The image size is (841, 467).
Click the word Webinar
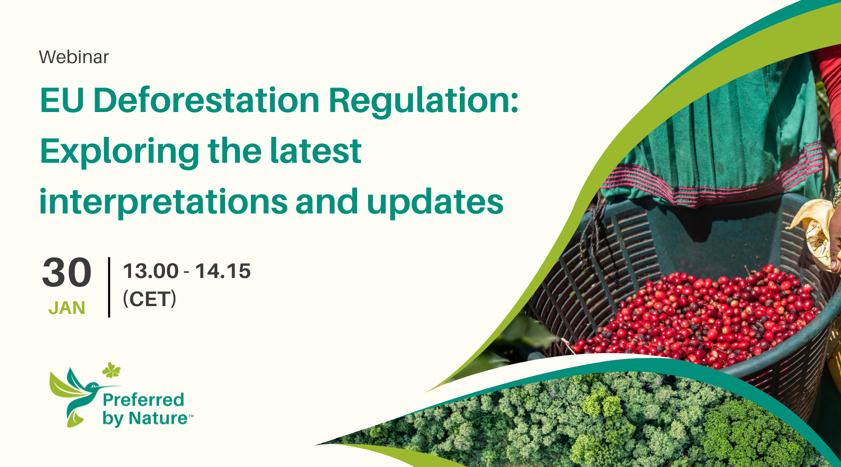pyautogui.click(x=74, y=57)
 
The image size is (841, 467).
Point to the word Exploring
pyautogui.click(x=119, y=152)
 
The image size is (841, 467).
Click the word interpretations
pyautogui.click(x=164, y=202)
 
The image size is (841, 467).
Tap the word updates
pyautogui.click(x=435, y=201)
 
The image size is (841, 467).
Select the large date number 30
pyautogui.click(x=66, y=273)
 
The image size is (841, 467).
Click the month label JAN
pyautogui.click(x=67, y=308)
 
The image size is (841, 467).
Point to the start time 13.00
pyautogui.click(x=150, y=271)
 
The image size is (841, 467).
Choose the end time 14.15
pyautogui.click(x=223, y=271)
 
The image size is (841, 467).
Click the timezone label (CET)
pyautogui.click(x=149, y=299)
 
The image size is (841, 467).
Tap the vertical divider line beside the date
pyautogui.click(x=109, y=287)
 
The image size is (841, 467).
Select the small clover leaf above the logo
pyautogui.click(x=111, y=370)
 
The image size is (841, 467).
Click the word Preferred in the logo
pyautogui.click(x=143, y=399)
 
